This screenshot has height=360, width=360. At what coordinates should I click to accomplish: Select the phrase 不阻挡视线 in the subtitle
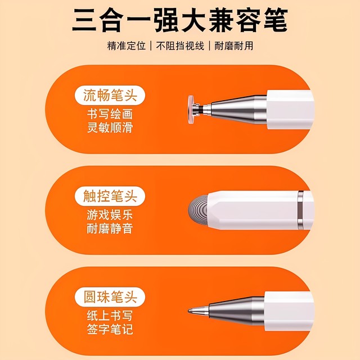click(178, 46)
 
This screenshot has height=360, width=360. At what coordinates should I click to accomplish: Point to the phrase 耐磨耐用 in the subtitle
click(233, 46)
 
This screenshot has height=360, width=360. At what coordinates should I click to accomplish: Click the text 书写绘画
click(106, 114)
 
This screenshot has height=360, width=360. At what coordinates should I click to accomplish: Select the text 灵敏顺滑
click(106, 128)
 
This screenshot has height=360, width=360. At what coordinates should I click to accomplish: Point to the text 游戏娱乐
click(106, 214)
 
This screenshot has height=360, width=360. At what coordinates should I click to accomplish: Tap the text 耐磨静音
click(106, 229)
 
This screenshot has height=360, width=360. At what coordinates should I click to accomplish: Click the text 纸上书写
click(106, 315)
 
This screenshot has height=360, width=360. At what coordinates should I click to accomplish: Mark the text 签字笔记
click(106, 330)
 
